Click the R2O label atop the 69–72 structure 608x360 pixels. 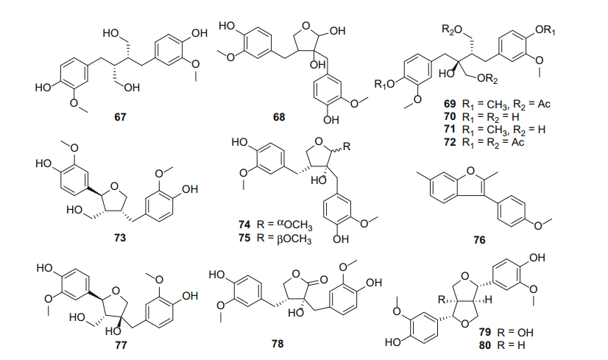tap(451, 29)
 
